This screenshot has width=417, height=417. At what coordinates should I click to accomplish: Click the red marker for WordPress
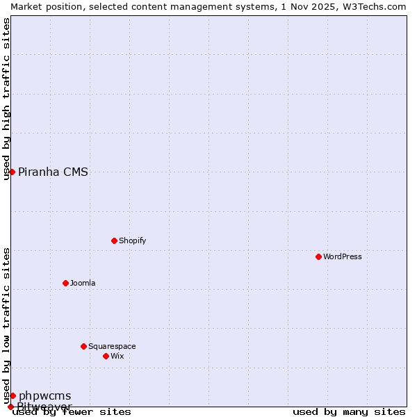pyautogui.click(x=319, y=256)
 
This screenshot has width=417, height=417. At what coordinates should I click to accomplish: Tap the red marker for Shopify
pyautogui.click(x=114, y=240)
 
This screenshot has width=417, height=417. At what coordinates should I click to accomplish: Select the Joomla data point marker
pyautogui.click(x=65, y=283)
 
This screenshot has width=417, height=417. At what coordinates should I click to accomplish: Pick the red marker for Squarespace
pyautogui.click(x=83, y=346)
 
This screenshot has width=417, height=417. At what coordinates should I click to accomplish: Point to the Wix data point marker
pyautogui.click(x=106, y=356)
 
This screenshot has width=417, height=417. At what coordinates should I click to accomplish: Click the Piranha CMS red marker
pyautogui.click(x=12, y=172)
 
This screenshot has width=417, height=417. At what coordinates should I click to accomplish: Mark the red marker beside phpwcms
pyautogui.click(x=13, y=395)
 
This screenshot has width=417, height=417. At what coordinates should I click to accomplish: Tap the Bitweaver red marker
pyautogui.click(x=10, y=407)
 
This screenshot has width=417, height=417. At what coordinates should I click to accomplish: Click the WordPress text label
pyautogui.click(x=343, y=256)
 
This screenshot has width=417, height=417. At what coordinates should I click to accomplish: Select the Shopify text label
pyautogui.click(x=132, y=240)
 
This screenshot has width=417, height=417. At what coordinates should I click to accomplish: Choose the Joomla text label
pyautogui.click(x=83, y=283)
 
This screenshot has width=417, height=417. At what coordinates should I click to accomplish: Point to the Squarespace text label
pyautogui.click(x=112, y=346)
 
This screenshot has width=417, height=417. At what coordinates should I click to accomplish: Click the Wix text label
pyautogui.click(x=117, y=356)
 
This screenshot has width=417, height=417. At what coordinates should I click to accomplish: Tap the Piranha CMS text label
pyautogui.click(x=53, y=172)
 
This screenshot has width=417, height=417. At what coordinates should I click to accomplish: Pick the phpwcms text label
pyautogui.click(x=44, y=395)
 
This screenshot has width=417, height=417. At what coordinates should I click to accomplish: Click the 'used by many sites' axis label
pyautogui.click(x=349, y=411)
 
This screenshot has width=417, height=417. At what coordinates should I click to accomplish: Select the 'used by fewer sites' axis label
pyautogui.click(x=72, y=411)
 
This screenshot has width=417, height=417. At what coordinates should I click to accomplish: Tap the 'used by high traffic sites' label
pyautogui.click(x=6, y=99)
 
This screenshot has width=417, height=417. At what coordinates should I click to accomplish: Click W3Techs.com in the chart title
pyautogui.click(x=375, y=6)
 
